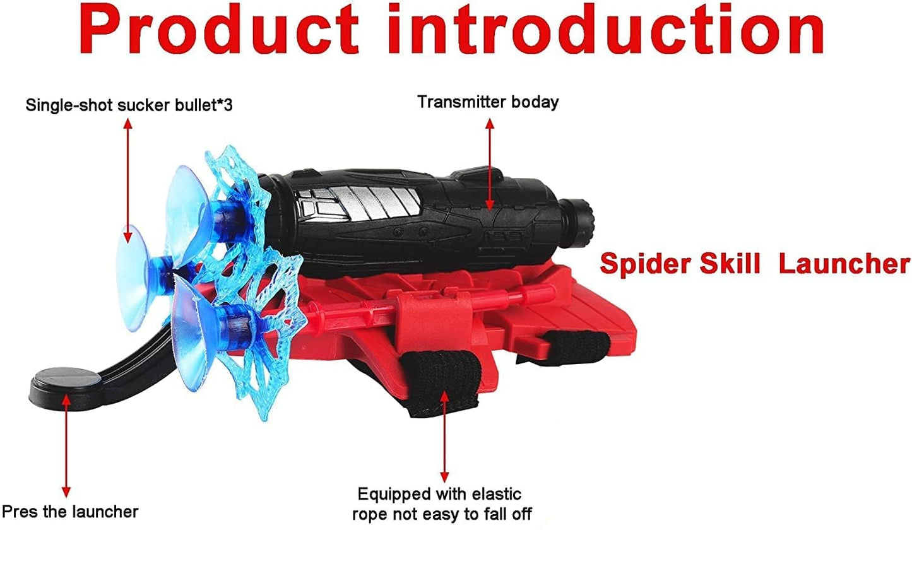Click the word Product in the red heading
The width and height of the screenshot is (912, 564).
(x=218, y=30)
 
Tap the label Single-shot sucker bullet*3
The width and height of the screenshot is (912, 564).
(x=129, y=105)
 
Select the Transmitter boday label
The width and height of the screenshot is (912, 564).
(x=488, y=102)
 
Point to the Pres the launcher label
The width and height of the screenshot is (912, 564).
(x=70, y=511)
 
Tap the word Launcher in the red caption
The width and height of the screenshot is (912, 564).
(x=844, y=263)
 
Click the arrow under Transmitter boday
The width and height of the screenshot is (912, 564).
(x=489, y=163)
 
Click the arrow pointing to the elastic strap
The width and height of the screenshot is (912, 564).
(x=444, y=435)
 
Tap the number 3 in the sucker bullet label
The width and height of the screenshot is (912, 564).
(x=228, y=105)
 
